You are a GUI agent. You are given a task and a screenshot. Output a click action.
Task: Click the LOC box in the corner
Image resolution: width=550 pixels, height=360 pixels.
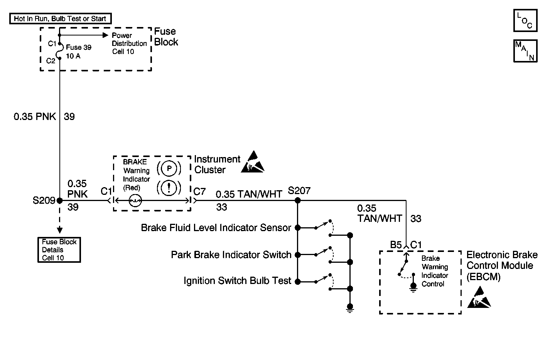(525, 20)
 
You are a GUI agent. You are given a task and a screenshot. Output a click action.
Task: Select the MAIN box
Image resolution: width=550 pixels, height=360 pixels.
(525, 51)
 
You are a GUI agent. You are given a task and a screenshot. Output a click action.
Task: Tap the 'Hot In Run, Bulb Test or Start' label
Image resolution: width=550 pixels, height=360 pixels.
(60, 19)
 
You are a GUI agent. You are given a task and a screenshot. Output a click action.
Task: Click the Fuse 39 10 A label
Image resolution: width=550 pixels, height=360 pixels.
(79, 52)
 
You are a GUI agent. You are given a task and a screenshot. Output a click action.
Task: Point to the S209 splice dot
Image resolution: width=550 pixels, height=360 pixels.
(59, 201)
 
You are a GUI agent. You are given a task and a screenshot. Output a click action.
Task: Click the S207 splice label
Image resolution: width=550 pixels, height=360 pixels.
(299, 191)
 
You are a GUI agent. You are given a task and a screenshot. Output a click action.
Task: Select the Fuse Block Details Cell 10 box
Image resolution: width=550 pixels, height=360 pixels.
(59, 250)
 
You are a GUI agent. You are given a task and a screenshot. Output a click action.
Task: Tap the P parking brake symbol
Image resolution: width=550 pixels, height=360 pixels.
(169, 169)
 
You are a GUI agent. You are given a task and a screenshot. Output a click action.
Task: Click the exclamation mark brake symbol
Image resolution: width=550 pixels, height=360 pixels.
(169, 188)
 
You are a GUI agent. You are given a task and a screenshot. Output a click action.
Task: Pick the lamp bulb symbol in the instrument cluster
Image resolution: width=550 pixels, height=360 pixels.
(135, 201)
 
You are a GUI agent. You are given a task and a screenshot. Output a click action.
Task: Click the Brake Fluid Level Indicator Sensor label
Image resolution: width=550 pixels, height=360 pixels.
(216, 228)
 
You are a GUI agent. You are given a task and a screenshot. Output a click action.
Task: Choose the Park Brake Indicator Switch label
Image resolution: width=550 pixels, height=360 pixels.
(231, 255)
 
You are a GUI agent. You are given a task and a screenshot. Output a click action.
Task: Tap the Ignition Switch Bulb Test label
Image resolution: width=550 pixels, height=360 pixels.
(237, 281)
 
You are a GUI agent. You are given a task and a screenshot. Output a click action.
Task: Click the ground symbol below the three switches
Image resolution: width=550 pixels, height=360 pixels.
(350, 307)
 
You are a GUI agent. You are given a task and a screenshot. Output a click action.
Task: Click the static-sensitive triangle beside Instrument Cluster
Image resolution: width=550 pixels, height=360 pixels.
(253, 162)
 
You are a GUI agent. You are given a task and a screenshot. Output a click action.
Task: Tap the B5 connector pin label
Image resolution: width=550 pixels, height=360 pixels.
(396, 245)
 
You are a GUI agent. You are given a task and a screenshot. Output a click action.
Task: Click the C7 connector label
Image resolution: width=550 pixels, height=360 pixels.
(199, 191)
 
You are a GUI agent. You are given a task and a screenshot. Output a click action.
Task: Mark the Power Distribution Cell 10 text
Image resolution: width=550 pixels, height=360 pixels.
(129, 43)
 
